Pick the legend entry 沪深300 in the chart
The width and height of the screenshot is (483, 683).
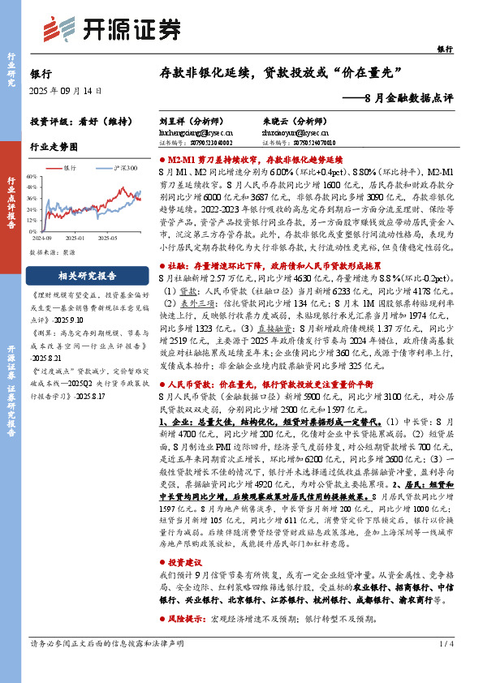[124, 166]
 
